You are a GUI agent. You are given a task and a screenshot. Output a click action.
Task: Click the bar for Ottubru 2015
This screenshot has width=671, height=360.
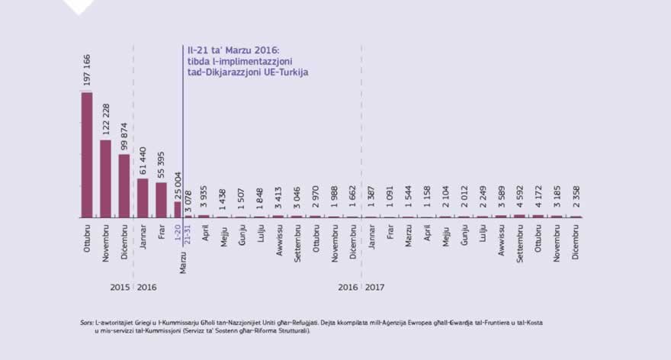point(87,155)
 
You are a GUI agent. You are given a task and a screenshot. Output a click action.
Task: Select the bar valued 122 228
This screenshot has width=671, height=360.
point(105,178)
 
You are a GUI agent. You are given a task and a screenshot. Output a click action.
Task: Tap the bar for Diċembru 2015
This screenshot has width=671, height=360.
point(124,186)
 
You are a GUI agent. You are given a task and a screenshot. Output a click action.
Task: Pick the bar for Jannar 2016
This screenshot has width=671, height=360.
point(143,198)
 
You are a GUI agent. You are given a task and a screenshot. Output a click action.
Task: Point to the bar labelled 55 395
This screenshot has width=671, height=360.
point(161,200)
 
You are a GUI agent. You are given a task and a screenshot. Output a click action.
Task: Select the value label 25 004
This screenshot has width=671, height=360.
point(178,185)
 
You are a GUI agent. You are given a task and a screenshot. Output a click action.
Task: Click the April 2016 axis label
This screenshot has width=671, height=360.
point(206,233)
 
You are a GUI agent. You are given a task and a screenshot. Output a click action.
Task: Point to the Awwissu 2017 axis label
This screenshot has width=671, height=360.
point(502,239)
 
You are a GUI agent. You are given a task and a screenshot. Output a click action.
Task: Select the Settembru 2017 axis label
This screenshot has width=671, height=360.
point(520,241)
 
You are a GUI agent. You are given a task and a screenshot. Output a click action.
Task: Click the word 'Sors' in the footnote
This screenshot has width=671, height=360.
point(86,323)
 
